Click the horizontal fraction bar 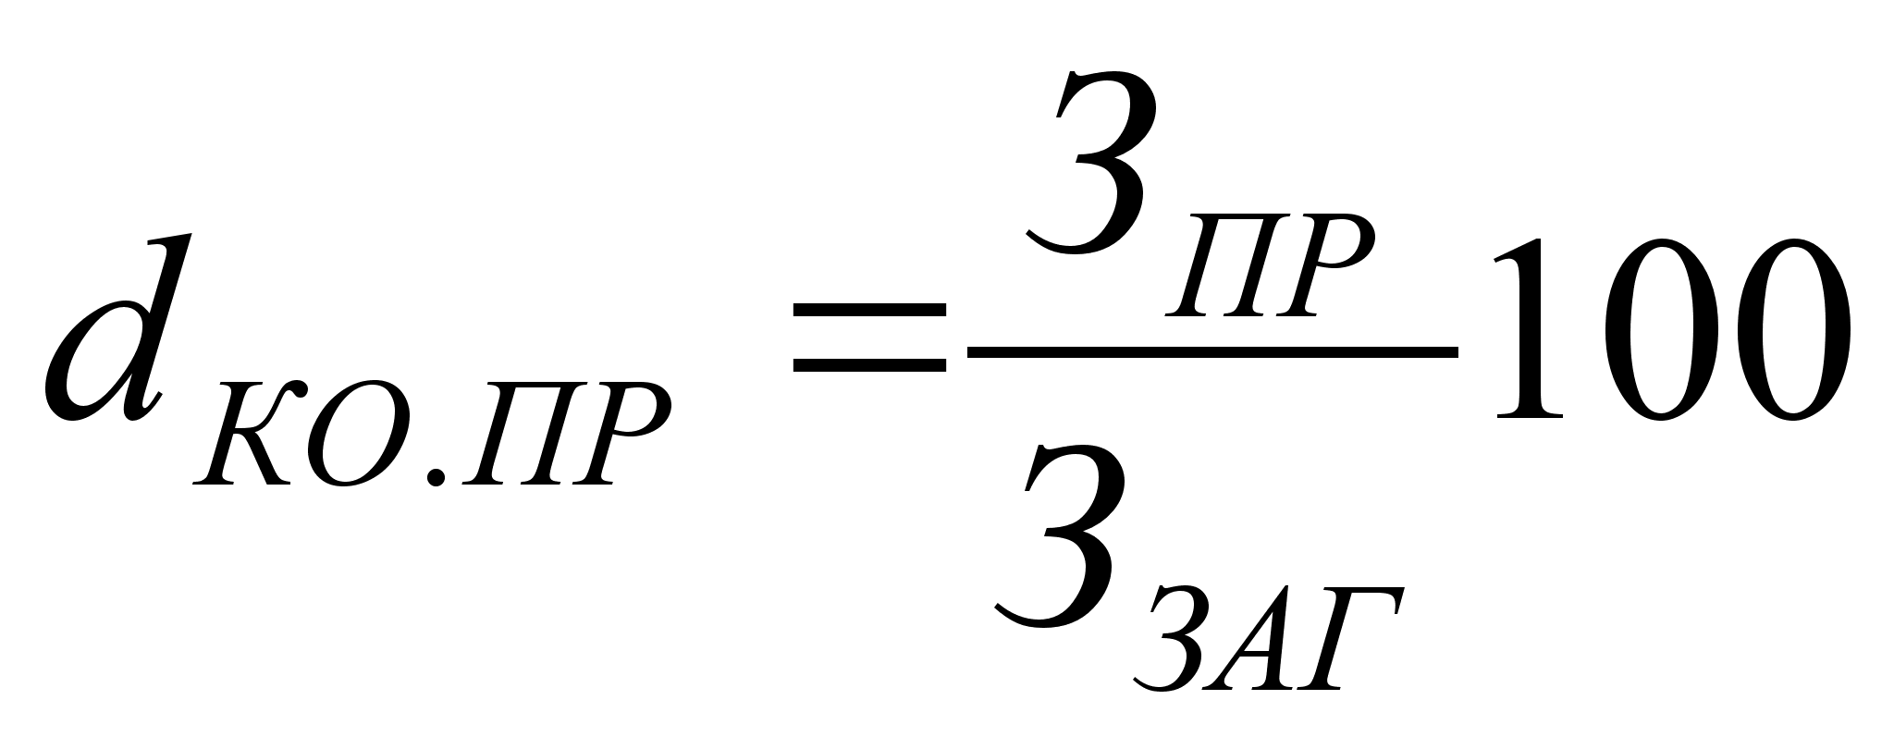tap(1212, 352)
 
